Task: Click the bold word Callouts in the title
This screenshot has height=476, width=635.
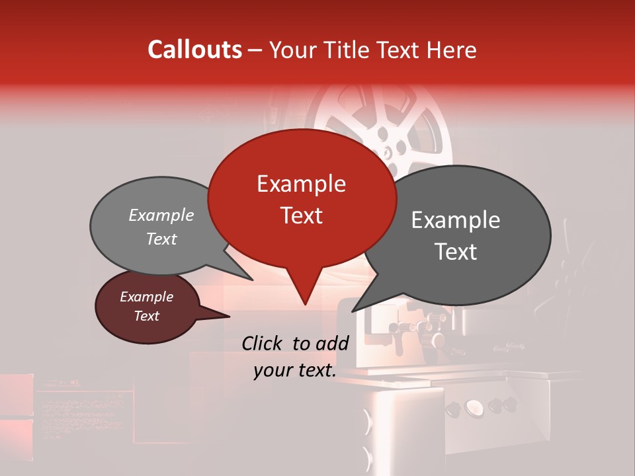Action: pyautogui.click(x=194, y=50)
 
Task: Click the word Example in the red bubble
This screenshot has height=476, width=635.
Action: pyautogui.click(x=301, y=184)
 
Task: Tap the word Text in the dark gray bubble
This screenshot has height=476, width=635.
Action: pyautogui.click(x=456, y=252)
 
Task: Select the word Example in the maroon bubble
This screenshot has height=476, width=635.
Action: pyautogui.click(x=146, y=297)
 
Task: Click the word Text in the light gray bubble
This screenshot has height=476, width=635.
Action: pyautogui.click(x=161, y=239)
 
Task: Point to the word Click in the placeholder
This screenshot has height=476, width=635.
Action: pyautogui.click(x=263, y=343)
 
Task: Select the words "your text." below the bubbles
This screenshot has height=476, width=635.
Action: pyautogui.click(x=295, y=371)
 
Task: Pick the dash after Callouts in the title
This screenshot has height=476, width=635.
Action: pyautogui.click(x=256, y=50)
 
